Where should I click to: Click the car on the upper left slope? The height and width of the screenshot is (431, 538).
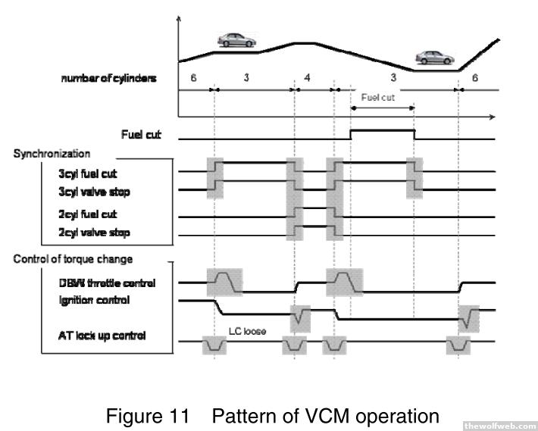pyautogui.click(x=236, y=40)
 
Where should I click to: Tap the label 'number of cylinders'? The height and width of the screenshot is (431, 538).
pyautogui.click(x=109, y=79)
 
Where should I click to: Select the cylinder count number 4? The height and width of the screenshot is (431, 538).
pyautogui.click(x=306, y=78)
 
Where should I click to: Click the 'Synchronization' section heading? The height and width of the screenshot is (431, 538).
pyautogui.click(x=52, y=154)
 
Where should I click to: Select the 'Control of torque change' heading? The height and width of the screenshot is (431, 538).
pyautogui.click(x=73, y=259)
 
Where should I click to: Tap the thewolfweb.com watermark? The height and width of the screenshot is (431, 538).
pyautogui.click(x=499, y=425)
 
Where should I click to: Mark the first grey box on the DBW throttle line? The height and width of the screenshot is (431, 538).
pyautogui.click(x=224, y=281)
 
